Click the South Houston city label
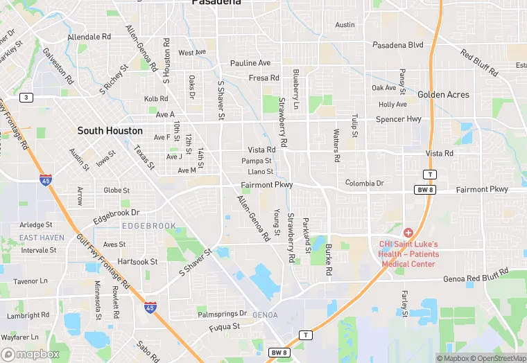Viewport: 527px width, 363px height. point(110,130)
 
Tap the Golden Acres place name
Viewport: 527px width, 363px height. point(443,94)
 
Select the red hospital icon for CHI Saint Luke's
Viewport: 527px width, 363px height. point(408,233)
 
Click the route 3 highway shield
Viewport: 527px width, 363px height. point(26,97)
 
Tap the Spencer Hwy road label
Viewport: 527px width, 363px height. point(399,119)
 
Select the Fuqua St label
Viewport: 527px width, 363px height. point(225,326)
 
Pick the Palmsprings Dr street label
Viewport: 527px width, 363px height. point(222,314)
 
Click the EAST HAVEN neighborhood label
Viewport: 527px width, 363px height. point(42,238)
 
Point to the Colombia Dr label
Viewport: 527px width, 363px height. point(364,183)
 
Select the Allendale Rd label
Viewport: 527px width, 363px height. point(89,36)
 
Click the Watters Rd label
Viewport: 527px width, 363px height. point(336,145)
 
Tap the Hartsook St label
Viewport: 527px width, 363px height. point(137,262)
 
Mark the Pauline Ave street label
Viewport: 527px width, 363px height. point(250,63)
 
